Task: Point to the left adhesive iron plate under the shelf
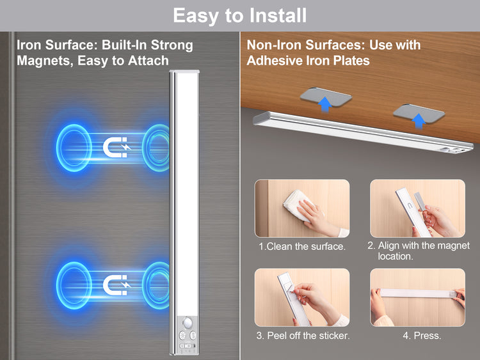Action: [x=326, y=97]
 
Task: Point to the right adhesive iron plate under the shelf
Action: [x=419, y=114]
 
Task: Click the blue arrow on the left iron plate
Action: [x=324, y=104]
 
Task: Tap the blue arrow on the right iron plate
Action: [x=419, y=120]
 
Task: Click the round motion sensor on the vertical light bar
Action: [x=187, y=323]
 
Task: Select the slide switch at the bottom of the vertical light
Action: [x=188, y=346]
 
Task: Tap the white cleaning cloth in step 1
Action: [x=297, y=205]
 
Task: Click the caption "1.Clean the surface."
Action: [x=302, y=247]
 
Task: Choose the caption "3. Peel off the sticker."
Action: [x=303, y=336]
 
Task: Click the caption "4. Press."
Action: [x=422, y=336]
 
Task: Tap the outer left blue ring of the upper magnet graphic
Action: [x=74, y=148]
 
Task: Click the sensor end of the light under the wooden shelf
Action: [x=454, y=150]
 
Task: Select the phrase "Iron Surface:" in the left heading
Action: [x=57, y=45]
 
